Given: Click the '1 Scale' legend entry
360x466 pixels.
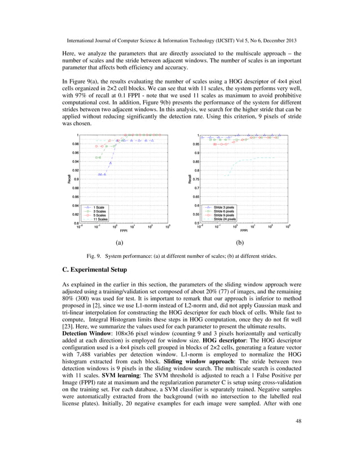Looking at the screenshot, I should click(102, 207).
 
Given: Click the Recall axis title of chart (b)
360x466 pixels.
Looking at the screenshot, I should click(190, 179).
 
